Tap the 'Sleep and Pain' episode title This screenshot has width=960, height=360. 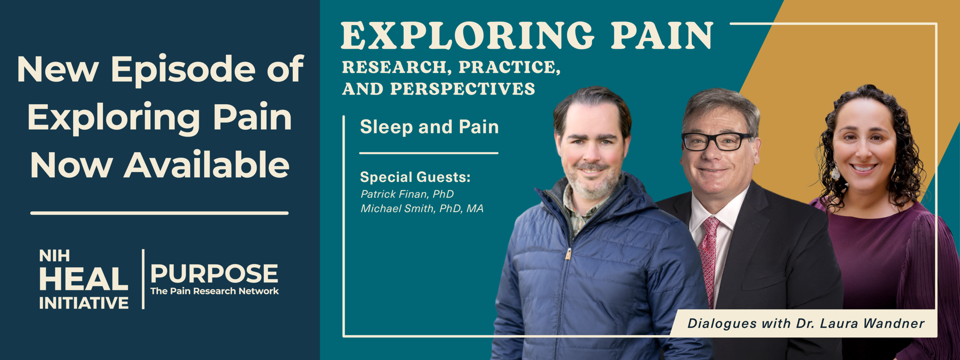point(429,127)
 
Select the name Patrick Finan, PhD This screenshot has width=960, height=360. point(407,194)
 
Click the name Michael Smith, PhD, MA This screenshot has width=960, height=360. point(422,208)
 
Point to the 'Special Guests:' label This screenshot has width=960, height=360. point(415,177)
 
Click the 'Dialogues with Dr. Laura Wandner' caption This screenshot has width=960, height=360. point(806,323)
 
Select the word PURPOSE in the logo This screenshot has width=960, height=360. point(214,273)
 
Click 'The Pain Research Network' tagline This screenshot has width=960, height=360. point(214,291)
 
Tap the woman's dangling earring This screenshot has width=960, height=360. point(836,172)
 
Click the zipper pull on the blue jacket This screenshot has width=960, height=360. point(568,254)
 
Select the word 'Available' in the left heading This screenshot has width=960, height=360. point(206,165)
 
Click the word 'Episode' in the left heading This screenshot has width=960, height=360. point(183,71)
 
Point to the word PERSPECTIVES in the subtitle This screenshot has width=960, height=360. point(463,89)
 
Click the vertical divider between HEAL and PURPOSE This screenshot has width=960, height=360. point(143,279)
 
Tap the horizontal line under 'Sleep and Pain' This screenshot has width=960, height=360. point(429,153)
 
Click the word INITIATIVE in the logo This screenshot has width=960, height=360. point(84,303)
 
